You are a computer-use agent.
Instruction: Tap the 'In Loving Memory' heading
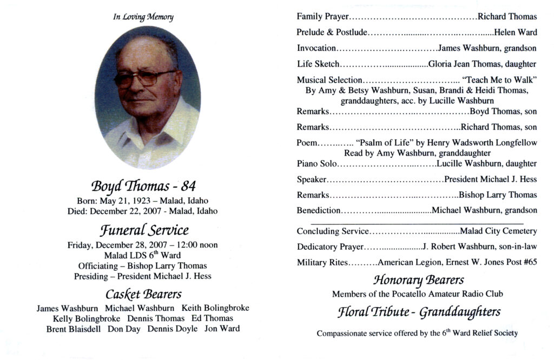143,17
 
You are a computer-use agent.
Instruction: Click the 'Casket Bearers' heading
143,294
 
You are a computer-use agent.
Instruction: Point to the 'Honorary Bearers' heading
418,280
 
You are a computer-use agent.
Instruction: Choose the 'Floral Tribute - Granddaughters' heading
419,312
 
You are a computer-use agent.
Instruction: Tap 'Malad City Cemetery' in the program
498,231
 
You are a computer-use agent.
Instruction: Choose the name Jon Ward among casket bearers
222,329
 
